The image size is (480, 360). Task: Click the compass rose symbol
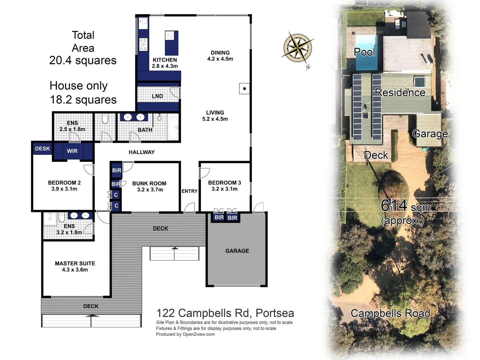[298, 48]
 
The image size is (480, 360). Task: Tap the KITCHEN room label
[165, 60]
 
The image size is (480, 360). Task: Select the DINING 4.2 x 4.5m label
[220, 56]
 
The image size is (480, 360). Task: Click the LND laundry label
[157, 96]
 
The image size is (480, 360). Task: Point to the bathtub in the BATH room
[173, 128]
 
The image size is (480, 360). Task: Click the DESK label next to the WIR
[42, 149]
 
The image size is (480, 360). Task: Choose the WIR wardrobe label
[72, 151]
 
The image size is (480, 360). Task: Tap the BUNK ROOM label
[149, 184]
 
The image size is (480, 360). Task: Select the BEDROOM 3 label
[224, 183]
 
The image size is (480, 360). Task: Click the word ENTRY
[189, 191]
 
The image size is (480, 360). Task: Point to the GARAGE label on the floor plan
[237, 251]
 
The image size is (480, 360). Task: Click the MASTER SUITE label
[75, 263]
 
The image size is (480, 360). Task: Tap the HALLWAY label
[142, 152]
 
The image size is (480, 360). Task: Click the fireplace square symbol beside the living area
[244, 89]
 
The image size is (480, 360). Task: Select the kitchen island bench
[171, 43]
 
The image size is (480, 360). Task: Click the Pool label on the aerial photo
[364, 52]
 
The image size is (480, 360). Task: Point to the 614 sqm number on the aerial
[394, 205]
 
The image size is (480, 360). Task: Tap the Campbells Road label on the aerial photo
[390, 313]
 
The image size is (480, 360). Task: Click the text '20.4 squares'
[83, 60]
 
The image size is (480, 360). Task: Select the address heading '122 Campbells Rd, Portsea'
[225, 313]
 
